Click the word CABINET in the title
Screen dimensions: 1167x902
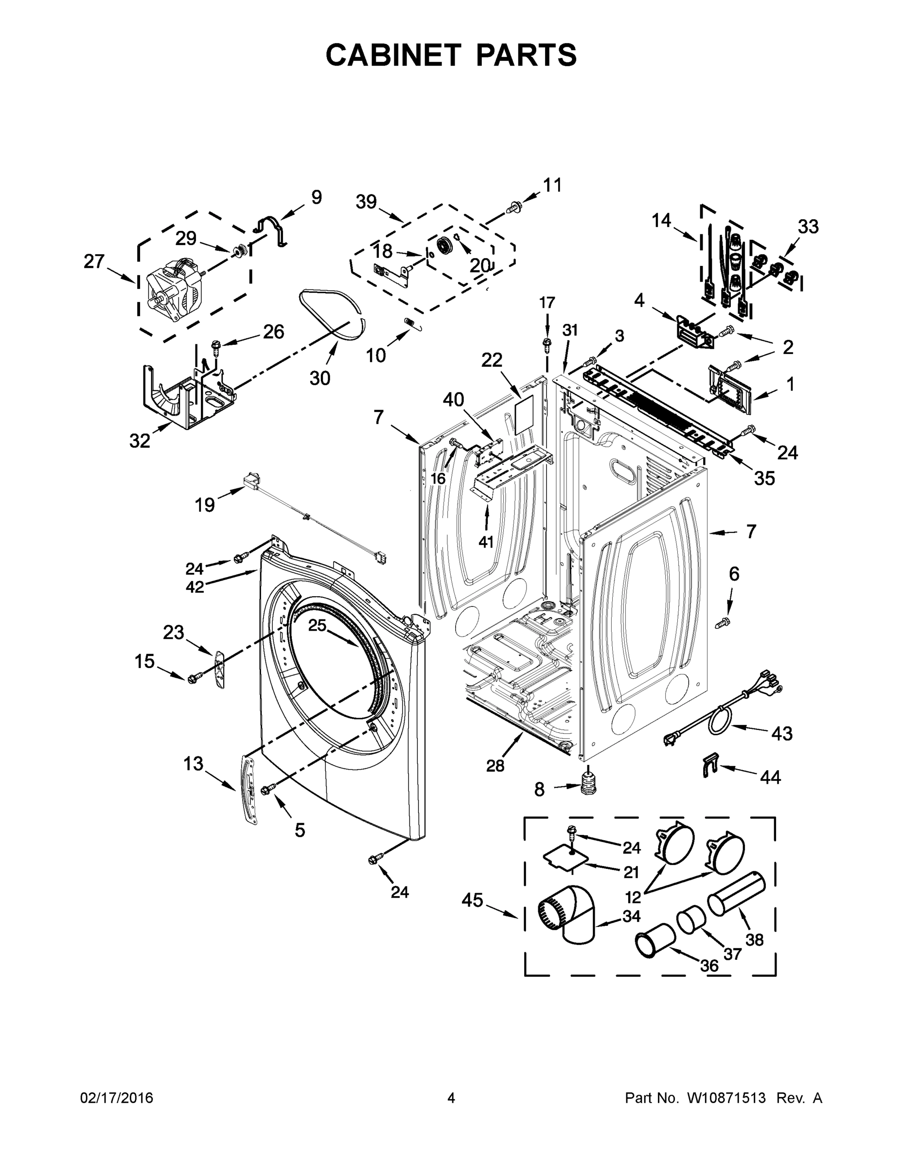393,55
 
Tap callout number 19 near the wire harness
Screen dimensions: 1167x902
205,504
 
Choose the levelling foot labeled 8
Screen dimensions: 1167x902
588,784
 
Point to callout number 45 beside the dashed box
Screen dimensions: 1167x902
472,901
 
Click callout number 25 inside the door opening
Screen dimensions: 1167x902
317,625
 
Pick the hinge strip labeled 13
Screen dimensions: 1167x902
250,789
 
